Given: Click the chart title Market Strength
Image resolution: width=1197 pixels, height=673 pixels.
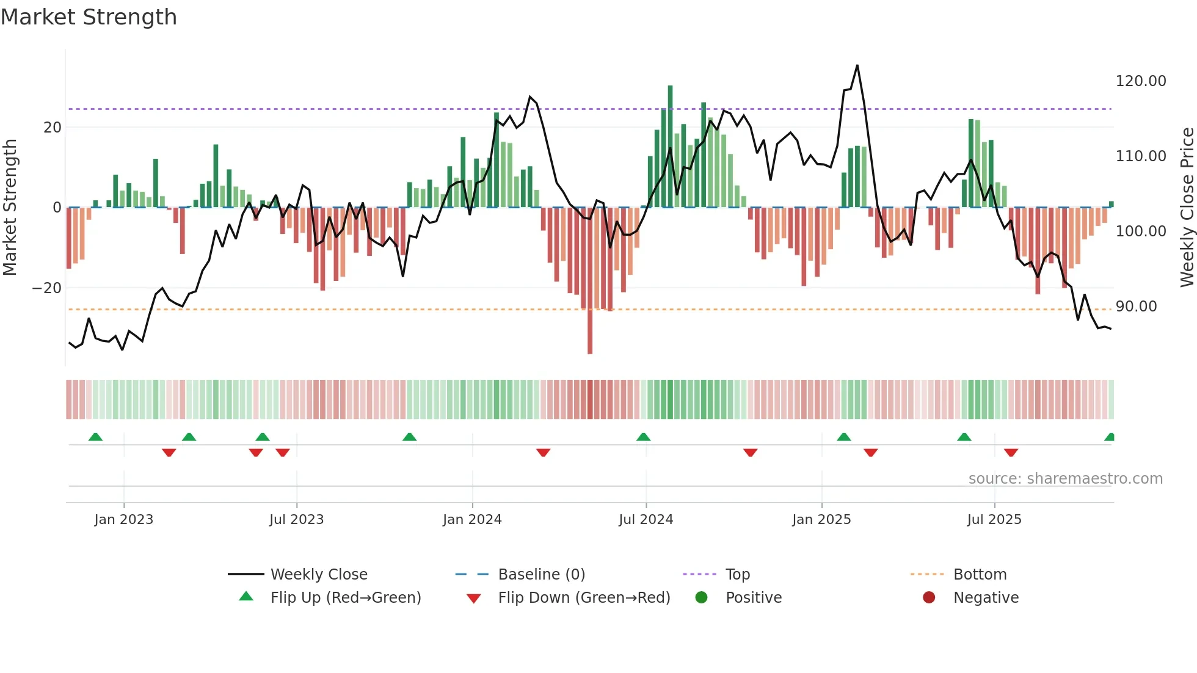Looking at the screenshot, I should point(89,17).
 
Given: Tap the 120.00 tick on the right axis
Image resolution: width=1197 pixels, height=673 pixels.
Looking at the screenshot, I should point(1140,81).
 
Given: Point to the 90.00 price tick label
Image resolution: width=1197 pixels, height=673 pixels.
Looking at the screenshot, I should point(1136,307).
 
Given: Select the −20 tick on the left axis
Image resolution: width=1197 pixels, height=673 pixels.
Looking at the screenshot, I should point(47,288).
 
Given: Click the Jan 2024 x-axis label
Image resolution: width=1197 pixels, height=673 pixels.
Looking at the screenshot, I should point(471,520).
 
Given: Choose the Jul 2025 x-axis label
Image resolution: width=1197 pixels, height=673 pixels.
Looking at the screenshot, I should point(994,520).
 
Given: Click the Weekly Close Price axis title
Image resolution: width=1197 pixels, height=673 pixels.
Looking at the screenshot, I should point(1187,208).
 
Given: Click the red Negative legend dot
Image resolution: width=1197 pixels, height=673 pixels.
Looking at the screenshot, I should point(929,598).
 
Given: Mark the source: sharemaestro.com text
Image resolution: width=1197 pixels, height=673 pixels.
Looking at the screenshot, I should point(1065,479).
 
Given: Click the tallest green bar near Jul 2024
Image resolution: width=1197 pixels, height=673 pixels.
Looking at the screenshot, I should point(670,147).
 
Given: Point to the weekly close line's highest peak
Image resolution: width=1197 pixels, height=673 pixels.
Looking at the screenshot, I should point(857,66).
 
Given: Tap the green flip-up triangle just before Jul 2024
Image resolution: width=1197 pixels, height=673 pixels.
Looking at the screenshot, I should point(643,437).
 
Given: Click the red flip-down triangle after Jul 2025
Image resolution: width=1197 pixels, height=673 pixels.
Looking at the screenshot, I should point(1011,453).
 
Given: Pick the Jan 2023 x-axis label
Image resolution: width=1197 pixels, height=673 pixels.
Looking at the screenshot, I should point(123,520).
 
